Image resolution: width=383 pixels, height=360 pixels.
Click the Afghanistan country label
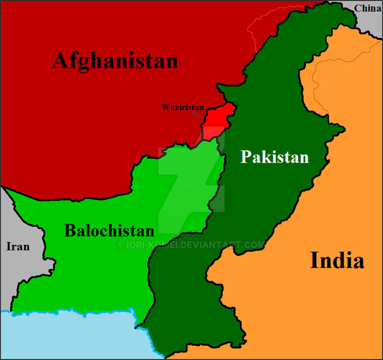pyautogui.click(x=115, y=61)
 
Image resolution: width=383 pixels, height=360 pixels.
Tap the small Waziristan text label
pyautogui.click(x=183, y=107)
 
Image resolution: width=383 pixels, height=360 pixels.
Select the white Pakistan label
pyautogui.click(x=274, y=157)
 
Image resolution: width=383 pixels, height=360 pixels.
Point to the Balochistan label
pyautogui.click(x=109, y=231)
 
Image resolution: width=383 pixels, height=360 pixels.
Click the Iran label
pyautogui.click(x=18, y=247)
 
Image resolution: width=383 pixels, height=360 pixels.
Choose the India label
pyautogui.click(x=337, y=261)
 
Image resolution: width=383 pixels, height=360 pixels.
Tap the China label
pyautogui.click(x=368, y=8)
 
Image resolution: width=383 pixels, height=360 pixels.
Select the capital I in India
pyautogui.click(x=315, y=261)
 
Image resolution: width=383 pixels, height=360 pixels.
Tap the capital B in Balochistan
pyautogui.click(x=70, y=231)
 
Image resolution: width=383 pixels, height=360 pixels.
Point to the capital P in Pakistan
pyautogui.click(x=245, y=157)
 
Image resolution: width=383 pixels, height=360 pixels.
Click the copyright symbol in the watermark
pyautogui.click(x=120, y=245)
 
